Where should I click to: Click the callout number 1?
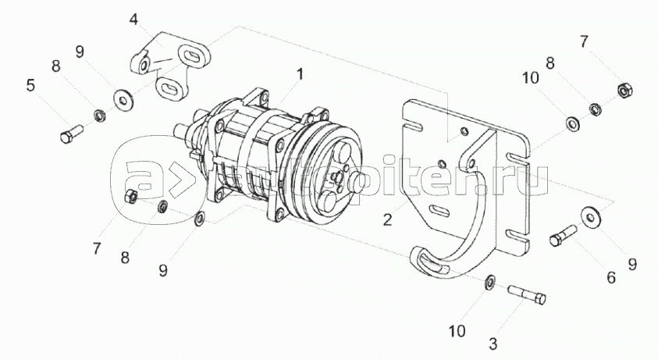point(299,75)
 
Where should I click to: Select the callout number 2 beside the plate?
point(387,219)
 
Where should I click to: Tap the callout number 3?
point(493,344)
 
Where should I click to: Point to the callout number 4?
point(133,20)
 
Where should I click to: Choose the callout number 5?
point(30,85)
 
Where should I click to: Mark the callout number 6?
point(611,277)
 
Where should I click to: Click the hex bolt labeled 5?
point(71,132)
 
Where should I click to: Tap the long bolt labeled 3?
point(527,294)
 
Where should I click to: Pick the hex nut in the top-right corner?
point(625,91)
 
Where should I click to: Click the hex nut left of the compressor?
point(130,196)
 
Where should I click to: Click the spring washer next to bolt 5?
point(99,115)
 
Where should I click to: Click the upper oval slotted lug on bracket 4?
point(192,55)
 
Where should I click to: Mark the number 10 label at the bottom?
point(458,331)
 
